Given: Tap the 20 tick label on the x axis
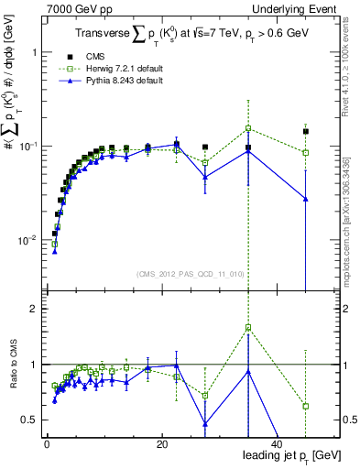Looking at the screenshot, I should pos(161,443).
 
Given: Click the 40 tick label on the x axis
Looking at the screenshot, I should pos(277,443).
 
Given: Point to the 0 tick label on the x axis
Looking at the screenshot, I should pos(47,443).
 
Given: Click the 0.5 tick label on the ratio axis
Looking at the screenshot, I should pos(29,420).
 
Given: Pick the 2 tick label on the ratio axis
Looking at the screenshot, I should pos(34,309).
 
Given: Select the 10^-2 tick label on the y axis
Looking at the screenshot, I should pos(27,240).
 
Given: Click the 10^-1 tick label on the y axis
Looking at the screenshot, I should pos(27,147).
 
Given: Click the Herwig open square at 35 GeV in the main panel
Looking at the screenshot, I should pos(248,128).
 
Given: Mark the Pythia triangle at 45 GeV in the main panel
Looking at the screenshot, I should pos(306,199).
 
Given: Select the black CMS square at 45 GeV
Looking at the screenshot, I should pos(306,131).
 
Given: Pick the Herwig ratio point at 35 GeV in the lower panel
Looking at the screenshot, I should pos(248,327).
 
